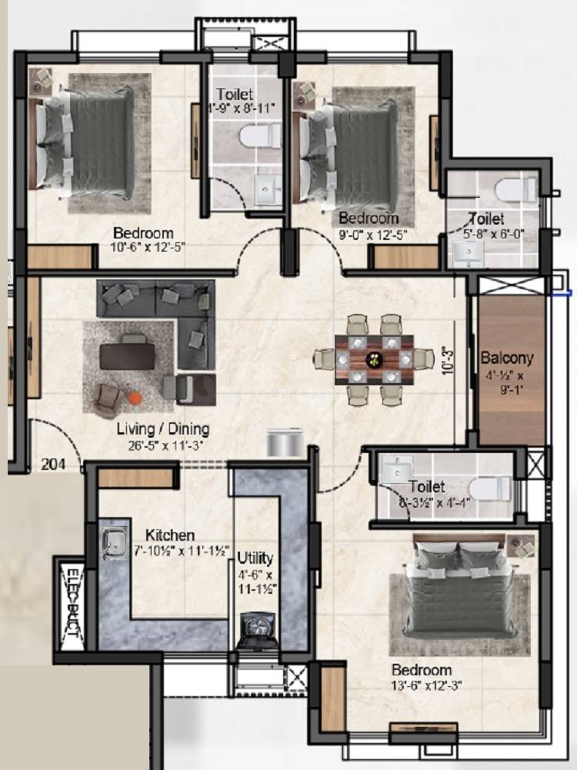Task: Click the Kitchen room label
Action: pos(169,535)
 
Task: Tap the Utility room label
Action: pos(254,557)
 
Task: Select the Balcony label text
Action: pos(506,358)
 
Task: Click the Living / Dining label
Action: pos(162,428)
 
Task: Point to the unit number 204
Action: pos(52,464)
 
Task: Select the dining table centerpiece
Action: pos(374,358)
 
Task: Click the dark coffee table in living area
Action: pos(128,356)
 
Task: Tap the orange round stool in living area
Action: pos(135,398)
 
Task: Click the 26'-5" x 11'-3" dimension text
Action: pos(162,443)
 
